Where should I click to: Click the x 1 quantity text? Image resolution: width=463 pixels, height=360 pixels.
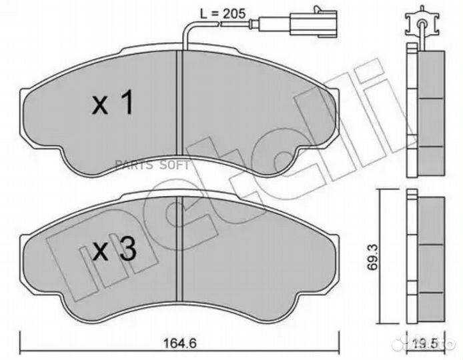click(x=113, y=103)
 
